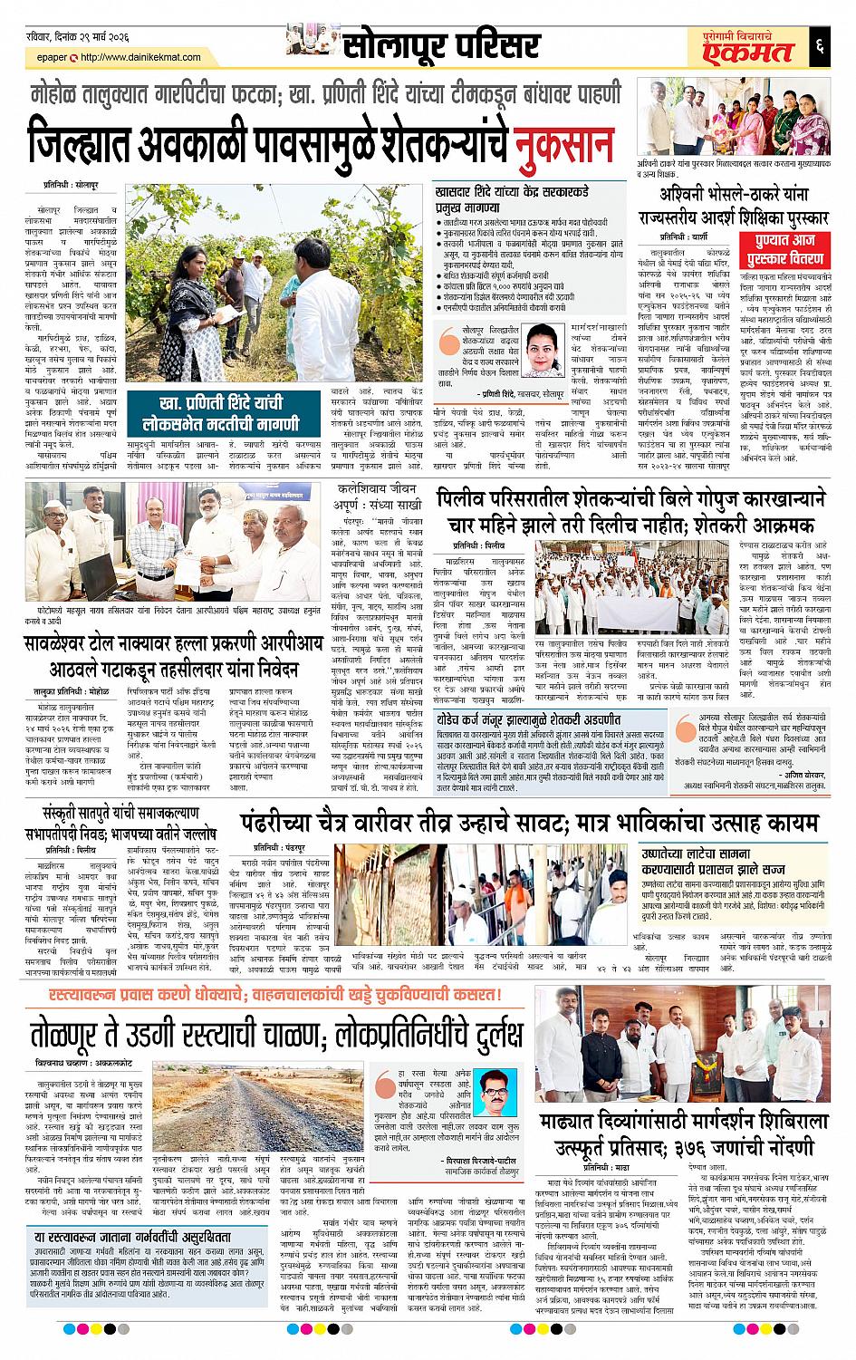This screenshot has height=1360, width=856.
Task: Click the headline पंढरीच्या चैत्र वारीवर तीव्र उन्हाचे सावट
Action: (x=531, y=823)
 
